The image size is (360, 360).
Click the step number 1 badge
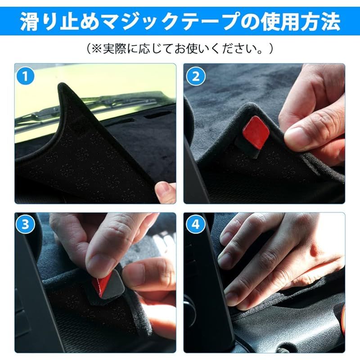25,76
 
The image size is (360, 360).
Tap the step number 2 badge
195,76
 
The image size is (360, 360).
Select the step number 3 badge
25,224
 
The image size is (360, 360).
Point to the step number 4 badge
195,224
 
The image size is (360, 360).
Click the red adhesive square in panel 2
256,132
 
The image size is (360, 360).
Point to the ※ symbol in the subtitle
97,49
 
